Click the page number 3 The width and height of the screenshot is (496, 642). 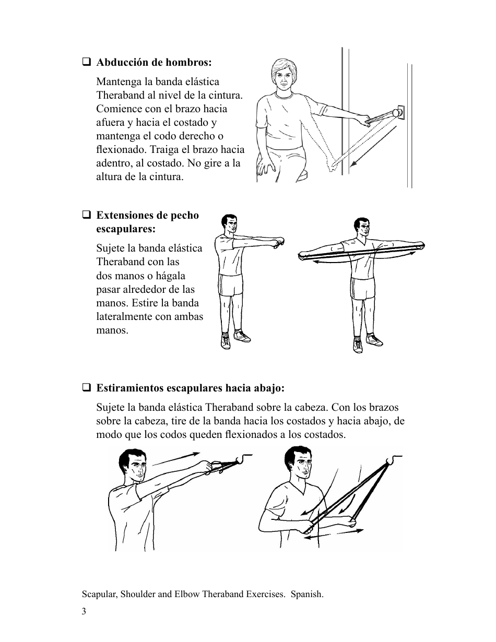click(x=84, y=612)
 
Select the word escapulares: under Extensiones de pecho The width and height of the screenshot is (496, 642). click(x=126, y=229)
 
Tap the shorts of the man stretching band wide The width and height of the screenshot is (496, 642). click(x=361, y=288)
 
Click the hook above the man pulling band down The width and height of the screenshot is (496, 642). click(x=393, y=459)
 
